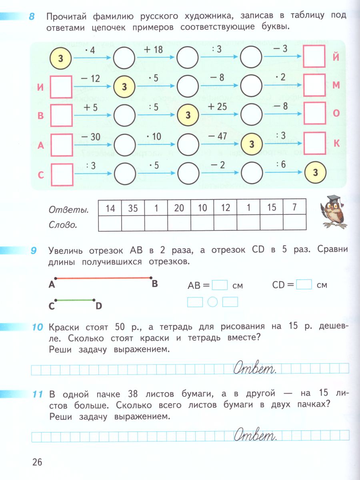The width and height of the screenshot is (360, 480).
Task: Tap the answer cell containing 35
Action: tap(133, 208)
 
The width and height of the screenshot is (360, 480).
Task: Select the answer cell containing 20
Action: tap(179, 208)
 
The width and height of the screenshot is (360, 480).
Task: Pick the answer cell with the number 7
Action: tap(294, 208)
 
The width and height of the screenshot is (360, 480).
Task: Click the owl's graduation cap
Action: tap(334, 199)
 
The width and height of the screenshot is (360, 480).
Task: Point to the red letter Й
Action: tap(336, 57)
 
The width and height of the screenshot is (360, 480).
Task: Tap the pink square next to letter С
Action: tap(62, 175)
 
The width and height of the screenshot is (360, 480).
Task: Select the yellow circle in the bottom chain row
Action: tap(316, 172)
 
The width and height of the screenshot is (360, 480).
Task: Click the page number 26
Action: tap(37, 462)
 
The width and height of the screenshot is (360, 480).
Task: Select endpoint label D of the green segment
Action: tap(99, 306)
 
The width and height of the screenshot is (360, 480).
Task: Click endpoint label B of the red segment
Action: tap(154, 284)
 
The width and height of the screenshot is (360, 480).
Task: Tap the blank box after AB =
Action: tap(220, 285)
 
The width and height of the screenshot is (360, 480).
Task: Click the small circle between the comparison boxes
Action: tap(213, 302)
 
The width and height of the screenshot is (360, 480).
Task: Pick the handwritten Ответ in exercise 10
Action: tap(255, 368)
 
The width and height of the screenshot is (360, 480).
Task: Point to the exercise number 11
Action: tap(38, 394)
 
